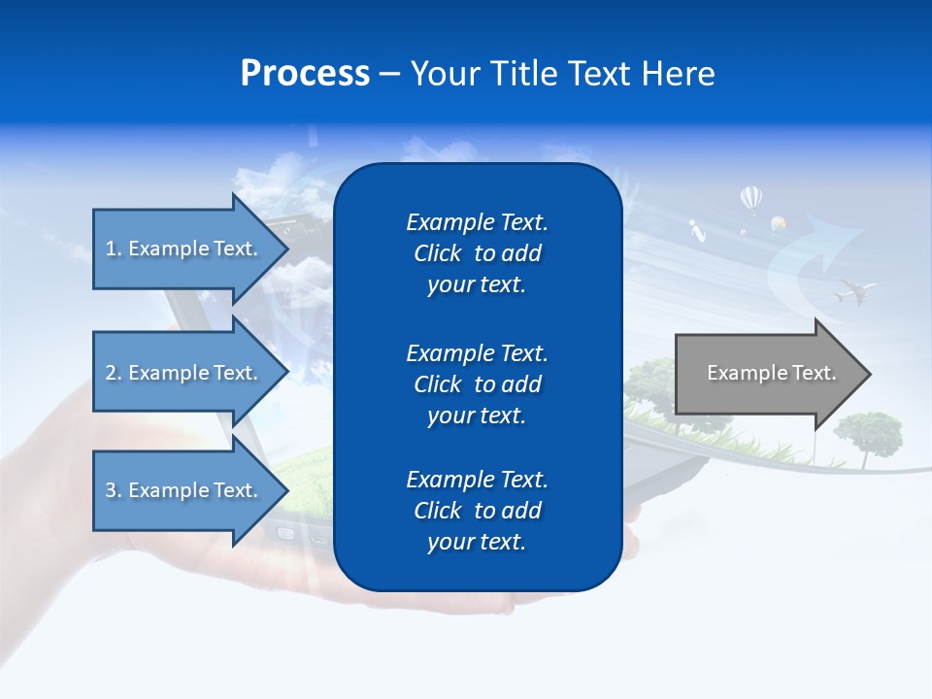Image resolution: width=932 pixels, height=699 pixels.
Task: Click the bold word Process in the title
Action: click(305, 74)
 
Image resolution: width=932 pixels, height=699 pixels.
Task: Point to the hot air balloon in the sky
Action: click(750, 199)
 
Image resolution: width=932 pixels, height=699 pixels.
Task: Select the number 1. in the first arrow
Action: click(114, 249)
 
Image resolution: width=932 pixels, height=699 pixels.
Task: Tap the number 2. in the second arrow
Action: click(114, 373)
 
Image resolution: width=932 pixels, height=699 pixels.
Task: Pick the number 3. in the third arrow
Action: click(114, 490)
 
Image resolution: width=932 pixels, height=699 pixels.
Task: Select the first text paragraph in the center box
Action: click(477, 253)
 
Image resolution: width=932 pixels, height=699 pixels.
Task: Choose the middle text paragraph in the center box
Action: click(477, 384)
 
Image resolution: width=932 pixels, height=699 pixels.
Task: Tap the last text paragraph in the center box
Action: click(477, 511)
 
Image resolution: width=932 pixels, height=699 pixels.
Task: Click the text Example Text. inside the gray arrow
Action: click(772, 373)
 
